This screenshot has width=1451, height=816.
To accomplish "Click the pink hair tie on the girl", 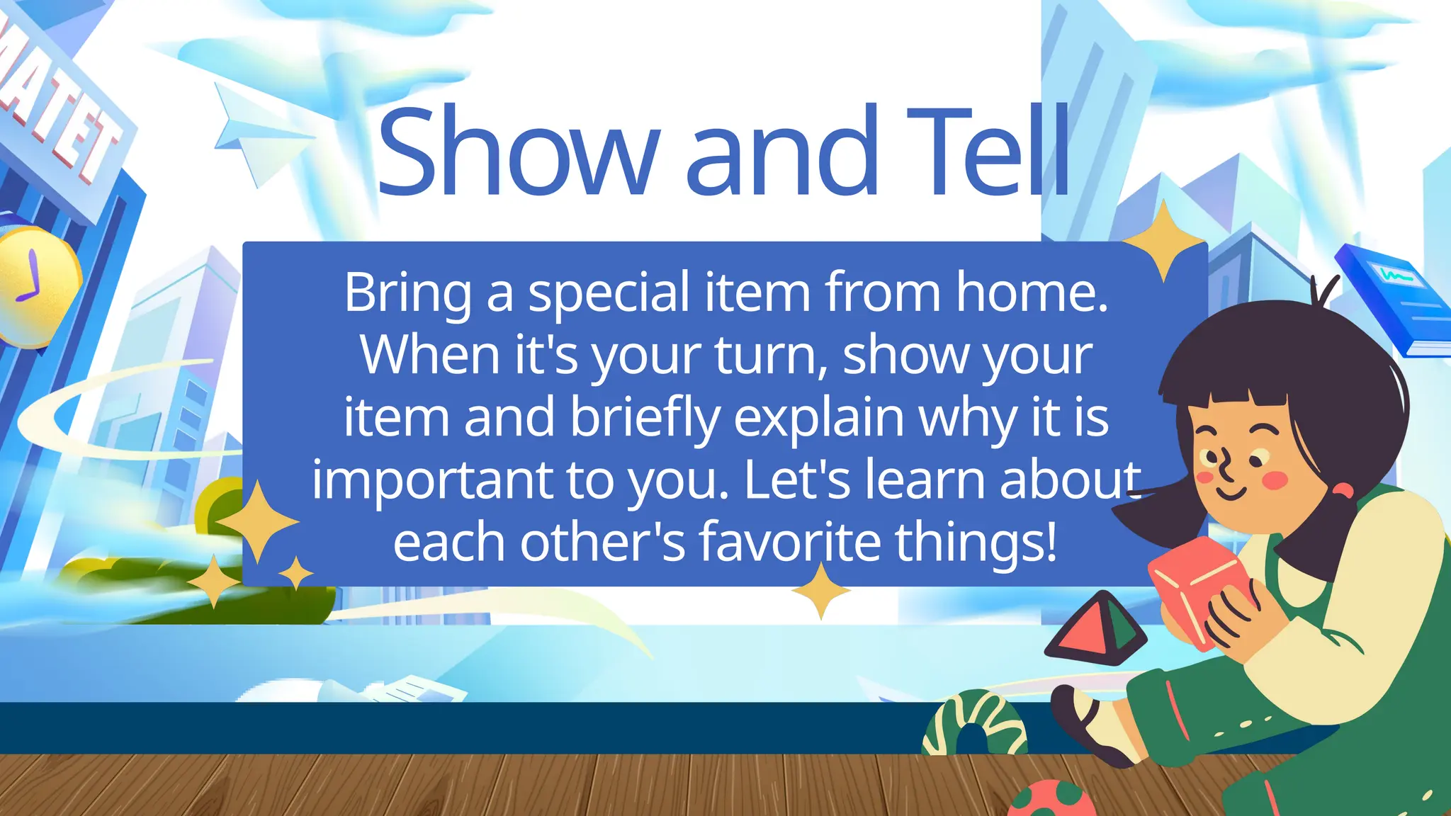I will point(1341,489).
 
